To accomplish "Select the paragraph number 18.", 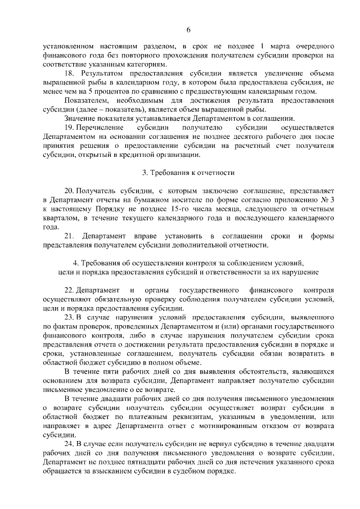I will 70,74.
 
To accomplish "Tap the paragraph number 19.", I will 70,128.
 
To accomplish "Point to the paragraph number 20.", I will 70,191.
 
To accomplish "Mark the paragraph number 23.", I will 70,317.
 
